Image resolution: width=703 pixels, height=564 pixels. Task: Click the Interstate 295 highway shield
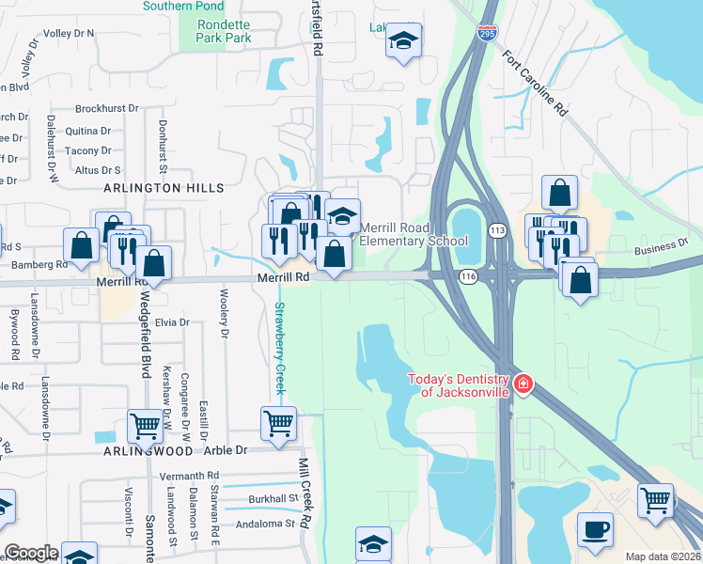click(487, 34)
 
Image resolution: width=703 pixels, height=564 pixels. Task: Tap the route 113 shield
click(497, 231)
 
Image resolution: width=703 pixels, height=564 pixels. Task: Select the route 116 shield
click(468, 276)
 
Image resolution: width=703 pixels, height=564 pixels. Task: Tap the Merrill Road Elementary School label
click(414, 234)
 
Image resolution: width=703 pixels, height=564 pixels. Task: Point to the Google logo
click(30, 553)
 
